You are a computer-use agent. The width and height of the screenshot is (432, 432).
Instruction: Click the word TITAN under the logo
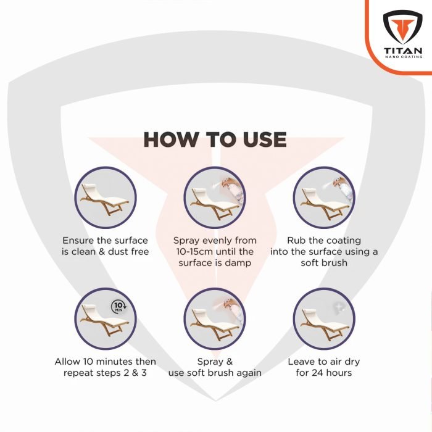(x=402, y=50)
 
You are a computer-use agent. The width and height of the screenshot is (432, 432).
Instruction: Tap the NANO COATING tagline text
(x=402, y=57)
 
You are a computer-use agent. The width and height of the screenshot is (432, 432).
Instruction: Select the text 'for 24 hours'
(x=324, y=373)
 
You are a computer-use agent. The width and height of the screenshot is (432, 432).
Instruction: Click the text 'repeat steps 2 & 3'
(x=106, y=373)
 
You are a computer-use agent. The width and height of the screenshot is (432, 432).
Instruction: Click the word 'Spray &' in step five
(x=214, y=362)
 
